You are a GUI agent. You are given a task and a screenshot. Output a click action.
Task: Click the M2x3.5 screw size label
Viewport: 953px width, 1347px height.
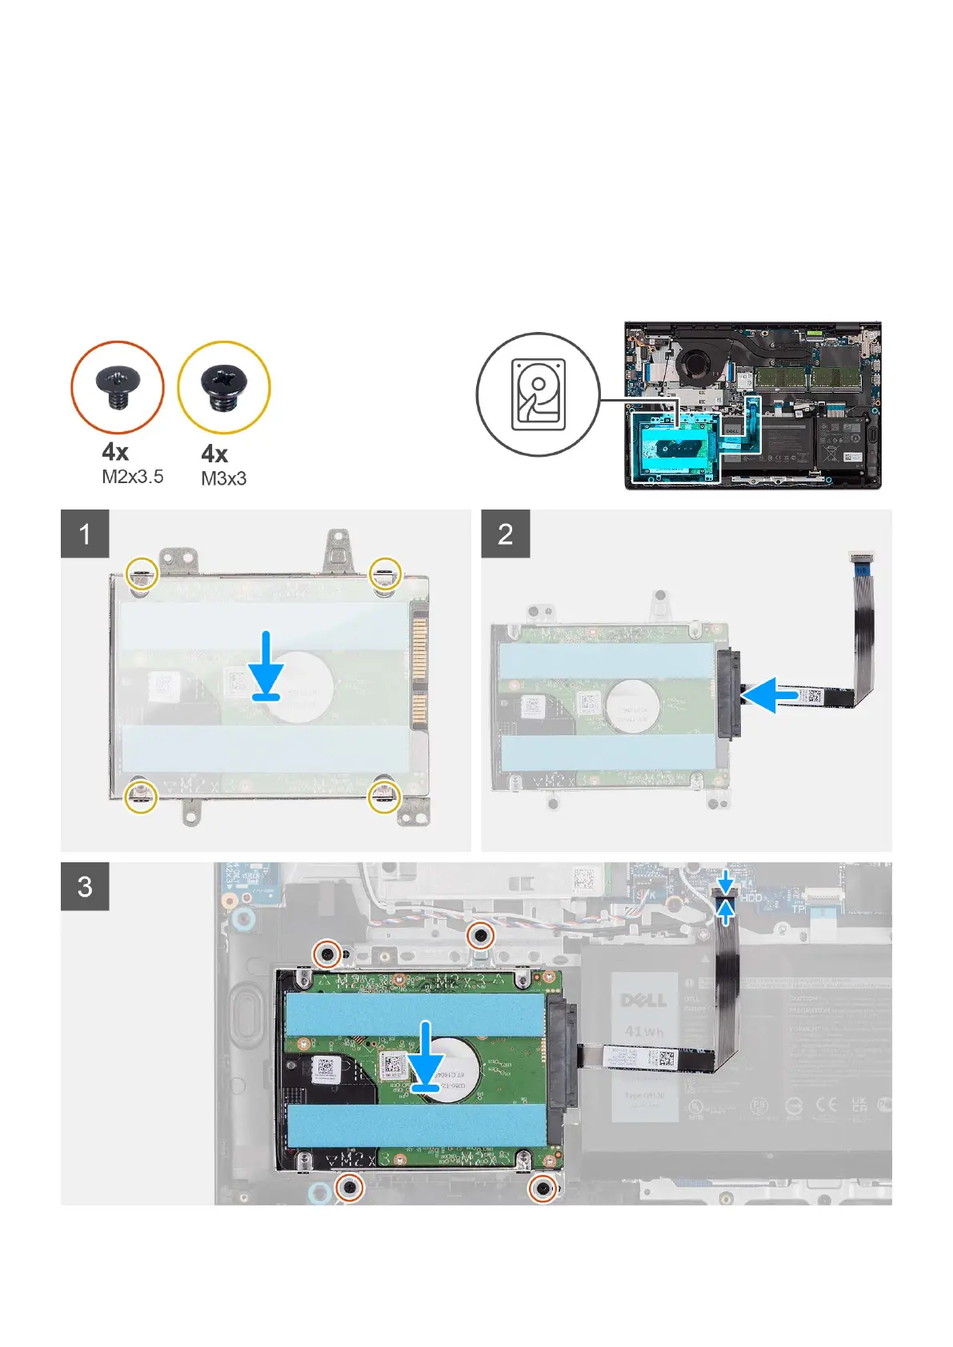coord(132,477)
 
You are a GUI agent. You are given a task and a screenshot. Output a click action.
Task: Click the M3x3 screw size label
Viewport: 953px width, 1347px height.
coord(223,479)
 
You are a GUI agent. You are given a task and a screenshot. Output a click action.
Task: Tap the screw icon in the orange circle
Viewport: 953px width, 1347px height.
coord(118,388)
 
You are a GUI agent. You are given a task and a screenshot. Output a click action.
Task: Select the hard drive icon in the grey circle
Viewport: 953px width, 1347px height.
coord(538,394)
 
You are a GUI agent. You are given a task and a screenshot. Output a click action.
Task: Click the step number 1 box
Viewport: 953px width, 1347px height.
coord(85,534)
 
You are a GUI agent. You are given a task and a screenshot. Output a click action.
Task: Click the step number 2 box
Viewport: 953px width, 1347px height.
coord(505,534)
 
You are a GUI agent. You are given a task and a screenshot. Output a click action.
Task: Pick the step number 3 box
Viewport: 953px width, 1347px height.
coord(85,886)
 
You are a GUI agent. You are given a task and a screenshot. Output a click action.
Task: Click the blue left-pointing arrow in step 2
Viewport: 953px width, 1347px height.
coord(771,695)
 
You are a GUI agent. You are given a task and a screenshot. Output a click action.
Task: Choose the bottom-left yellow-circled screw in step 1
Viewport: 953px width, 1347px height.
coord(141,795)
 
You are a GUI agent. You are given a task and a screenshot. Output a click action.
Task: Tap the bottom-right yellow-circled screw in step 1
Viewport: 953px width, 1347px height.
coord(383,795)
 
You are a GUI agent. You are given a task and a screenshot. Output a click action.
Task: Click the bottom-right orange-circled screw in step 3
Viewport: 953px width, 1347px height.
coord(543,1189)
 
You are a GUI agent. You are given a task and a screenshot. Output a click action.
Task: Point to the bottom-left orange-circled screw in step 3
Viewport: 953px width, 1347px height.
coord(350,1187)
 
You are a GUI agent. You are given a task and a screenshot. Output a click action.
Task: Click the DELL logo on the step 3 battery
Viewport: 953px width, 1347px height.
coord(643,1000)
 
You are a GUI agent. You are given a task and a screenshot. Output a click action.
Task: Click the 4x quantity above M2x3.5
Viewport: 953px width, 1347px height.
coord(115,452)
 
